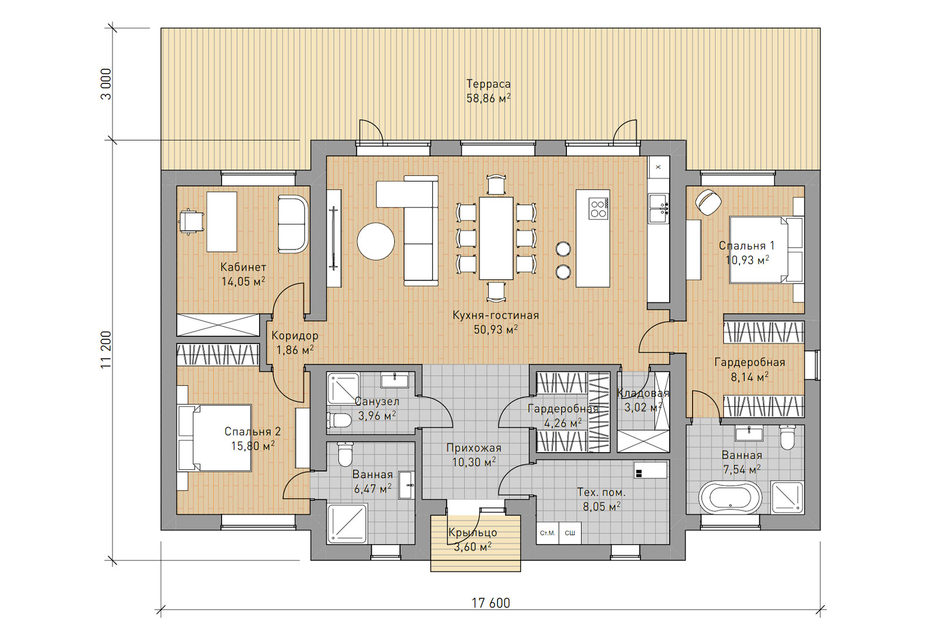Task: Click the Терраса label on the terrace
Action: pyautogui.click(x=488, y=84)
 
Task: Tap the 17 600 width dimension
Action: pyautogui.click(x=491, y=603)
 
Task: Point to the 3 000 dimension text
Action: pyautogui.click(x=106, y=84)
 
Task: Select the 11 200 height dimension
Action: pyautogui.click(x=106, y=350)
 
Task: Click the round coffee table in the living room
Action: pyautogui.click(x=375, y=241)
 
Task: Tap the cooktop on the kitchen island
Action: pyautogui.click(x=599, y=209)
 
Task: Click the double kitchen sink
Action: pyautogui.click(x=659, y=208)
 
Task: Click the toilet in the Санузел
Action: pyautogui.click(x=338, y=420)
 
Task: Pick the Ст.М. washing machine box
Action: pyautogui.click(x=547, y=533)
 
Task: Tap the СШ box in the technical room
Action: pyautogui.click(x=570, y=533)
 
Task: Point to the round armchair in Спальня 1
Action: pyautogui.click(x=709, y=202)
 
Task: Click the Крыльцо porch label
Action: pyautogui.click(x=472, y=533)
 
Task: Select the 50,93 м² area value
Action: pyautogui.click(x=496, y=330)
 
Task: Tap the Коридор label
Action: pyautogui.click(x=294, y=336)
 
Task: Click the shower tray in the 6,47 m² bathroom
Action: pyautogui.click(x=347, y=523)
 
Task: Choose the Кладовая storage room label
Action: pyautogui.click(x=643, y=393)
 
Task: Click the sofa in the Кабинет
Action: pyautogui.click(x=293, y=224)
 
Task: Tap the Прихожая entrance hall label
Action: pyautogui.click(x=474, y=447)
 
